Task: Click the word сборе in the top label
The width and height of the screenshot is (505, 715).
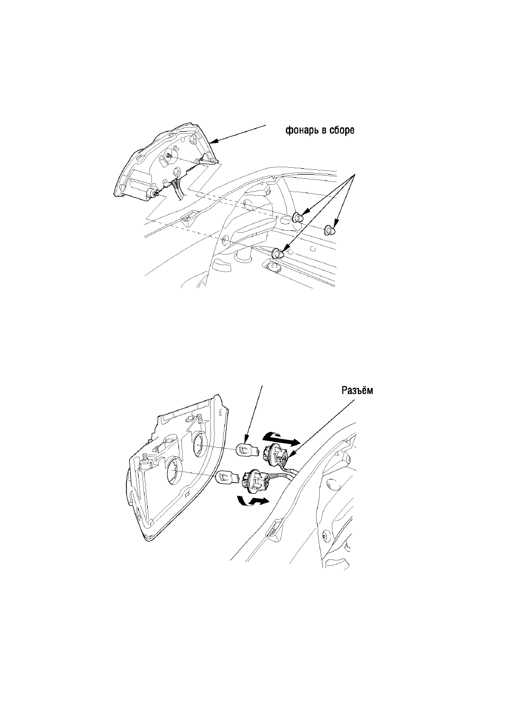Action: [x=343, y=130]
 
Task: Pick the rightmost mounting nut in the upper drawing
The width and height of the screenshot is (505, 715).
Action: [x=329, y=229]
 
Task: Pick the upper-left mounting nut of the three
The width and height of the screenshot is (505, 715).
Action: [x=298, y=218]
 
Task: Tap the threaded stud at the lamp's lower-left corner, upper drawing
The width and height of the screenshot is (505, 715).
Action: [x=156, y=193]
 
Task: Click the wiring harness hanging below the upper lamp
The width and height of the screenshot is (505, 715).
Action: [x=177, y=188]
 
